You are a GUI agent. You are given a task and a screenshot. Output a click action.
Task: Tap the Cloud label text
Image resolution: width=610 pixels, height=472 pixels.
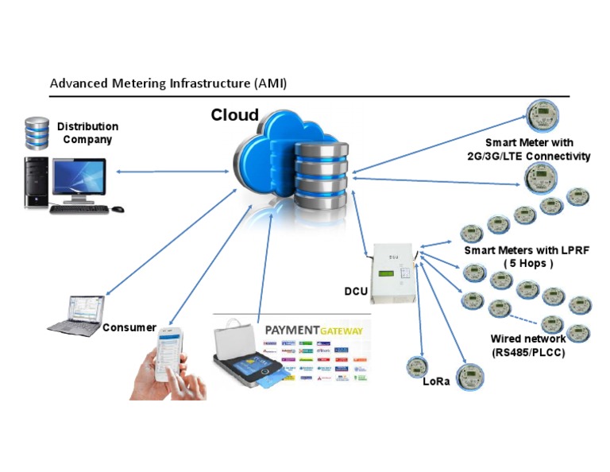(x=234, y=115)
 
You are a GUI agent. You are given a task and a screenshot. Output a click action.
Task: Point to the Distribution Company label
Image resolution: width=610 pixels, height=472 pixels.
(x=87, y=133)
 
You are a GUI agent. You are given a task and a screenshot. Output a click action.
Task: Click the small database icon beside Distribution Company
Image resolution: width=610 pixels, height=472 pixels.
(x=36, y=133)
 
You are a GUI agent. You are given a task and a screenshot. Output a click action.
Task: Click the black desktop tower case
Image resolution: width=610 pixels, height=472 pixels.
(x=36, y=182)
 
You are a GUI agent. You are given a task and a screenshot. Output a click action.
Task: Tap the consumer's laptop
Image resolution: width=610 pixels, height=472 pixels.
(x=75, y=313)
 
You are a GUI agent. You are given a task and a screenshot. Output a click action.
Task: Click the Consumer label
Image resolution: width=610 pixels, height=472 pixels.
(x=129, y=327)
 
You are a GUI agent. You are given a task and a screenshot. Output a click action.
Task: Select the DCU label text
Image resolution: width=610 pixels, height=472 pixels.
(x=357, y=292)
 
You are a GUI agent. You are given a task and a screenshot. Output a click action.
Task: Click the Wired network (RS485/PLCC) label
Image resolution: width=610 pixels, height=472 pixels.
(x=527, y=345)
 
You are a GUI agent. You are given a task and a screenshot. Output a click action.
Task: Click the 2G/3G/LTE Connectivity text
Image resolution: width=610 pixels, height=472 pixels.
(x=529, y=156)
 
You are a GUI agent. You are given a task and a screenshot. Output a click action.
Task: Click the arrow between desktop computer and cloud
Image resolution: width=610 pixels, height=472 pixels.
(x=171, y=171)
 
